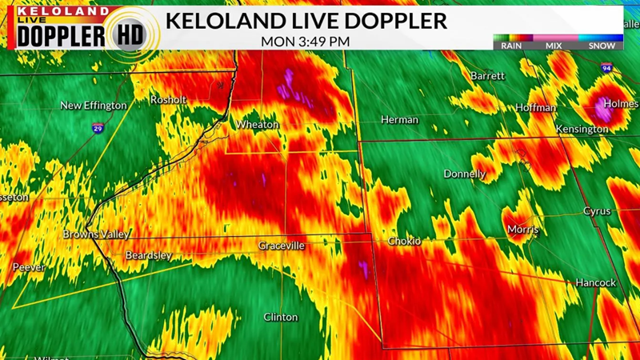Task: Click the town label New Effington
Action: (x=94, y=106)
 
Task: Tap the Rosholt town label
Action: (x=168, y=100)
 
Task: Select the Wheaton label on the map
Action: (x=257, y=125)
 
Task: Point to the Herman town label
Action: (x=399, y=120)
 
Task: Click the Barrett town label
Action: (x=487, y=76)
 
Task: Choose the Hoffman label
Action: (x=535, y=107)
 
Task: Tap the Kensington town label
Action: (x=582, y=129)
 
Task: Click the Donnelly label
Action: (x=465, y=174)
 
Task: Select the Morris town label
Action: (x=522, y=230)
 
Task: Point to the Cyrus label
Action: (x=596, y=211)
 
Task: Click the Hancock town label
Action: (x=595, y=283)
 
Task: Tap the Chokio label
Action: (x=404, y=241)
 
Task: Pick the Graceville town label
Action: (x=281, y=246)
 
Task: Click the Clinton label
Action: (x=281, y=318)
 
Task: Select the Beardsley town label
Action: (x=149, y=255)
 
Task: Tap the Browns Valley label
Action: (x=96, y=234)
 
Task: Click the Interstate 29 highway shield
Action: (x=97, y=128)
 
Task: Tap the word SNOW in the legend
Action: (x=602, y=46)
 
